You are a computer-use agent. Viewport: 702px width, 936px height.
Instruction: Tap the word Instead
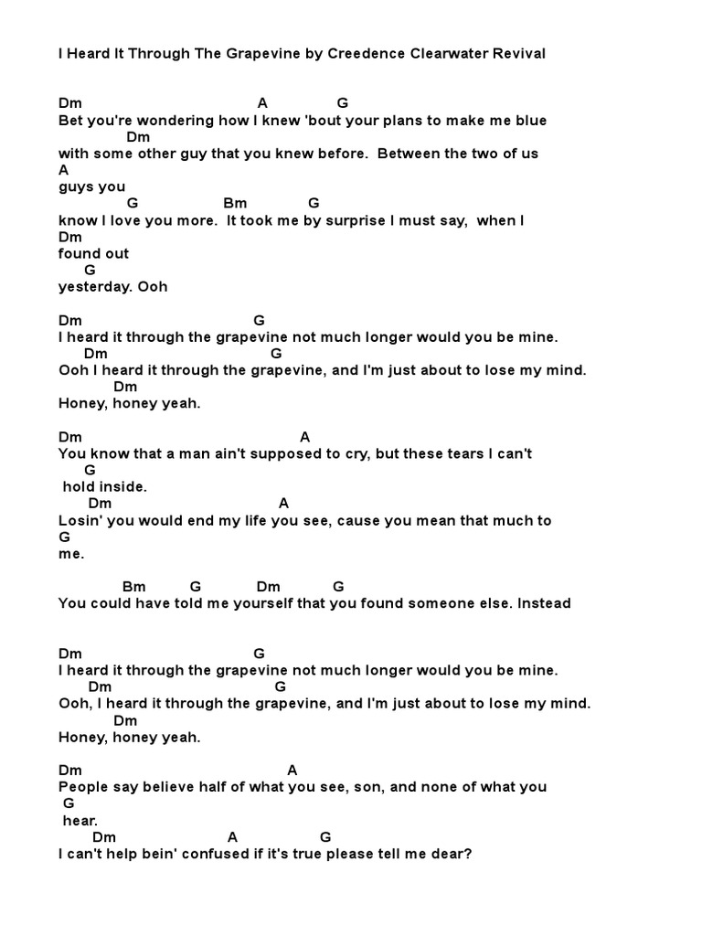point(548,603)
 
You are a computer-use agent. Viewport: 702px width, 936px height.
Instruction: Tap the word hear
point(80,821)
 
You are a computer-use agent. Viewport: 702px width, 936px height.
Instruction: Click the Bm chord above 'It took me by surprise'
point(235,203)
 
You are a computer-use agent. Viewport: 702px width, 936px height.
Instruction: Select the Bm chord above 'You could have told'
point(133,586)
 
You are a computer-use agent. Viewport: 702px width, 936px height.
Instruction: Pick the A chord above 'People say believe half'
point(292,771)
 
